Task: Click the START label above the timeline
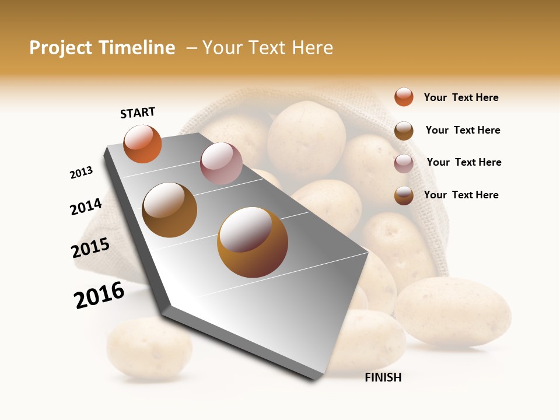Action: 138,113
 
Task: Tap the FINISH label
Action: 383,377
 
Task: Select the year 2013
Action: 81,173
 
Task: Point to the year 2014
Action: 86,206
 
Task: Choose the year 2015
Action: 90,248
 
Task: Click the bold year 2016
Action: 99,295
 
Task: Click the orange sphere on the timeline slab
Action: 142,143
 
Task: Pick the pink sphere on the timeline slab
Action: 221,163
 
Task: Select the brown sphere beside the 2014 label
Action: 170,209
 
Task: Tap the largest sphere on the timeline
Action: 253,242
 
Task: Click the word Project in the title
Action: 60,48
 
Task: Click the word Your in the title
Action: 222,48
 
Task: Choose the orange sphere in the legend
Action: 404,97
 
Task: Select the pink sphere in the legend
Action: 404,163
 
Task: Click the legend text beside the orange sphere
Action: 461,97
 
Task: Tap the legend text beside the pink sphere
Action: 464,162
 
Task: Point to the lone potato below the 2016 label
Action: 149,348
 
